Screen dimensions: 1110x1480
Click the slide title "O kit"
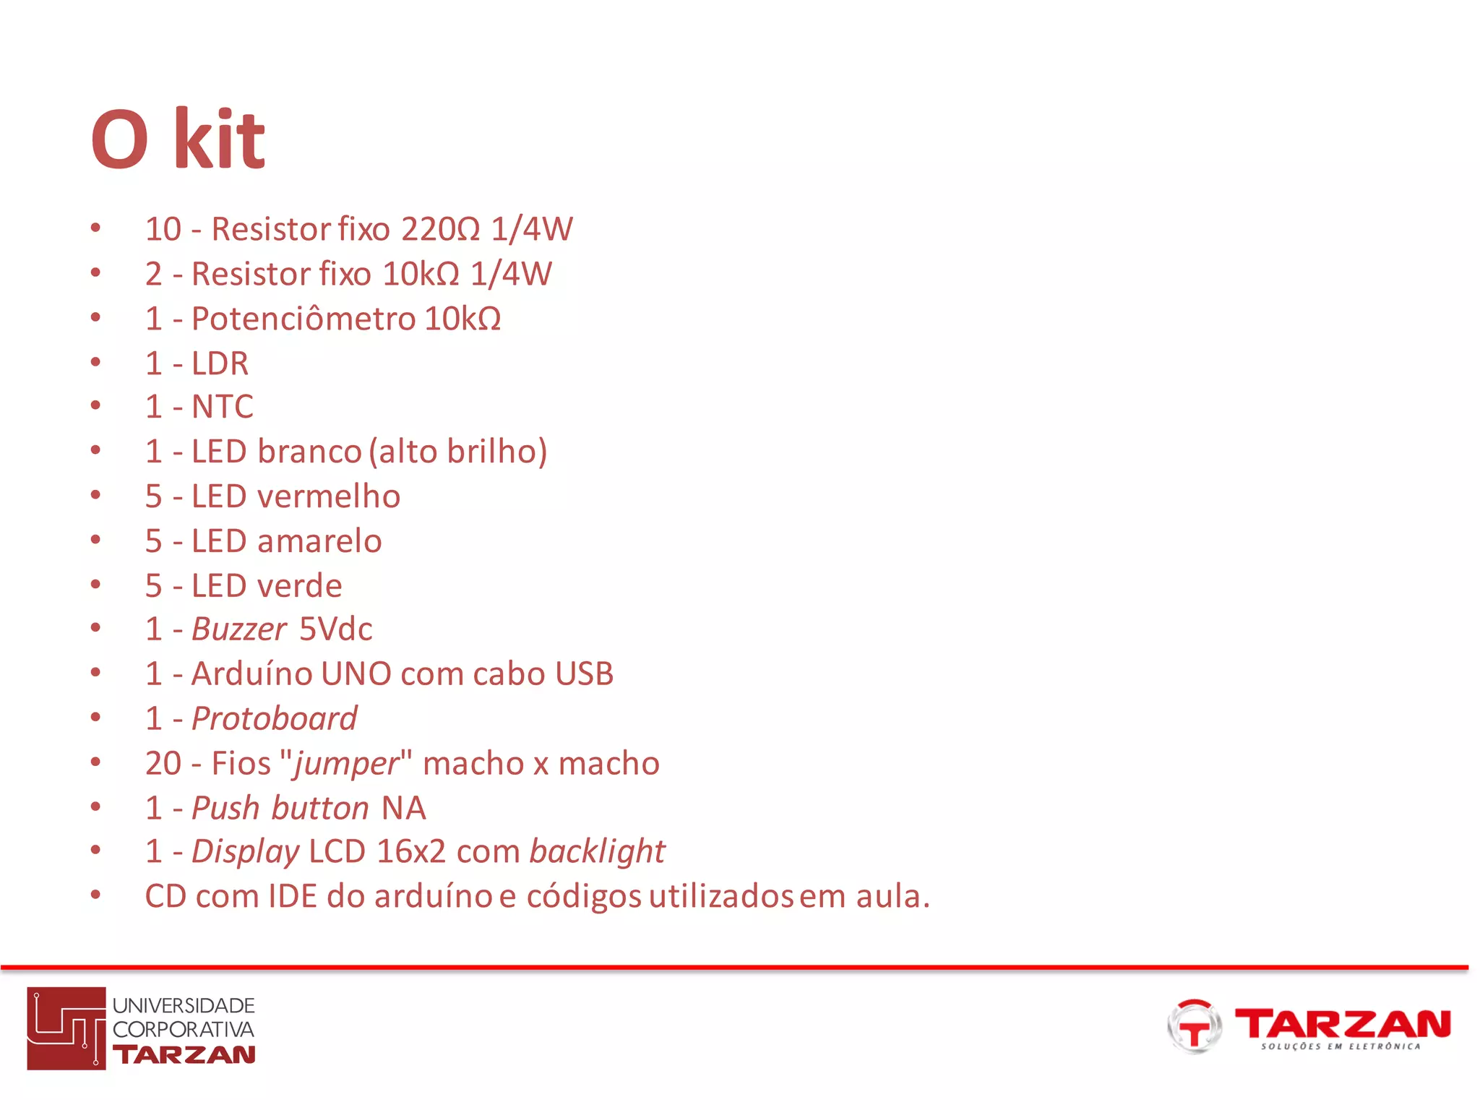tap(178, 139)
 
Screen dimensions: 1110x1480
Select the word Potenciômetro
tap(304, 319)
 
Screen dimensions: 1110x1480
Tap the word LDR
tap(220, 363)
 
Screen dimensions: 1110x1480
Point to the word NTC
tap(223, 407)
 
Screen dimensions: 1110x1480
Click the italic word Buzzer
tap(239, 629)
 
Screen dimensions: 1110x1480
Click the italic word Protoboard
tap(274, 719)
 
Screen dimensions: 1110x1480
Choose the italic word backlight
tap(597, 852)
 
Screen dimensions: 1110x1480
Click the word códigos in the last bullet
tap(583, 897)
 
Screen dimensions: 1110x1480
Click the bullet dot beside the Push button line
tap(95, 807)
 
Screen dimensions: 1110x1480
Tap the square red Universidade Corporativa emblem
tap(66, 1028)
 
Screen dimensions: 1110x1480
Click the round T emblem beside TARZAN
tap(1194, 1026)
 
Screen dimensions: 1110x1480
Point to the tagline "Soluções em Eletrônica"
tap(1341, 1046)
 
